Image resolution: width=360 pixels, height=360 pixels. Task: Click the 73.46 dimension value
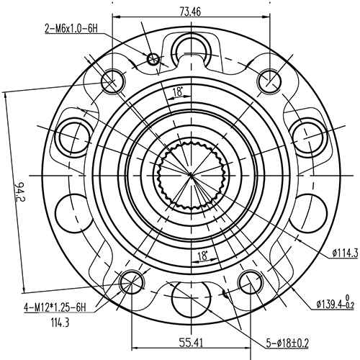click(x=191, y=11)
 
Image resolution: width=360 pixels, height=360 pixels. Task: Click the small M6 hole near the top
click(x=152, y=58)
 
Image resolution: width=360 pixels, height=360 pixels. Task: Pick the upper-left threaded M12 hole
click(x=112, y=79)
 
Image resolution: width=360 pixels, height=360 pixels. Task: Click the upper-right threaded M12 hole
click(x=269, y=79)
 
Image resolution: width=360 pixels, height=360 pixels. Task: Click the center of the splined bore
click(x=190, y=174)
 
